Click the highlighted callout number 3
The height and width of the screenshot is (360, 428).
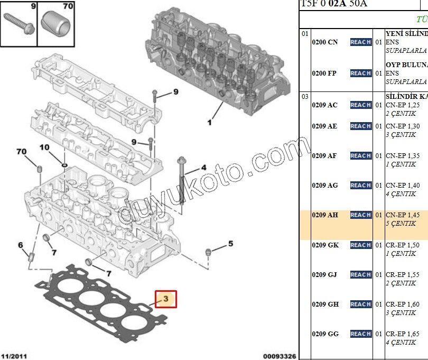pos(165,299)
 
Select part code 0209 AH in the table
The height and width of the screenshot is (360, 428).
pos(324,215)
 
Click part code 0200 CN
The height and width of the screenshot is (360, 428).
pos(324,42)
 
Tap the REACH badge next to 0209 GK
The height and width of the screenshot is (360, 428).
pos(360,245)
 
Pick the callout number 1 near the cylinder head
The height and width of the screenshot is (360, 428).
pos(209,123)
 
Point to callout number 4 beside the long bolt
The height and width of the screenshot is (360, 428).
pos(203,168)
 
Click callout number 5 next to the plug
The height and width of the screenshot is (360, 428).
pos(230,244)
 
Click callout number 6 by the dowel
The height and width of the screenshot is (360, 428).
pos(21,245)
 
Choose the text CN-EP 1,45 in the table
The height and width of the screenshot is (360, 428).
pos(403,215)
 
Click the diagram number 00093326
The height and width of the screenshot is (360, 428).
pos(280,356)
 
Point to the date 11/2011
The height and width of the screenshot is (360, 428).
pos(15,356)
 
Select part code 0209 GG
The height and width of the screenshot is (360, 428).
pos(325,334)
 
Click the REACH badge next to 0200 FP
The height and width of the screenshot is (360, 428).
pos(360,73)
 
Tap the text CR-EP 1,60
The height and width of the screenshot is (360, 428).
pos(403,304)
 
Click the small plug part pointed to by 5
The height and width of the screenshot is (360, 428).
pos(208,250)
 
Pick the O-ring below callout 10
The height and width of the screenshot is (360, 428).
pos(63,163)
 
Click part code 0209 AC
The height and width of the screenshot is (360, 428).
pos(324,105)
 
